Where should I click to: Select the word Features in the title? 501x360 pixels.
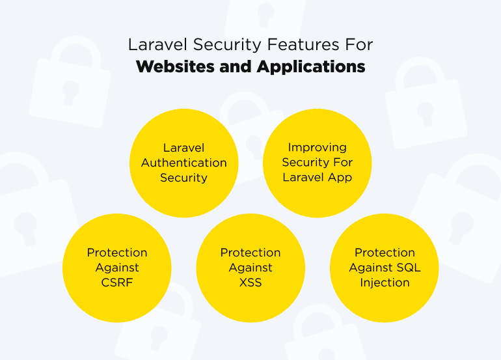282,45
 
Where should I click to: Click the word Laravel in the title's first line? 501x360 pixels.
154,45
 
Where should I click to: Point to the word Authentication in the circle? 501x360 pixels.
184,163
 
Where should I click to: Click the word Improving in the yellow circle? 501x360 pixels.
318,148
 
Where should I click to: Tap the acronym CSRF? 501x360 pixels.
117,283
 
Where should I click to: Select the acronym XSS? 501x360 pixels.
251,283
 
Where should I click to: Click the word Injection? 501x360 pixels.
385,283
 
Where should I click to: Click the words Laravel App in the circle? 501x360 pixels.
318,178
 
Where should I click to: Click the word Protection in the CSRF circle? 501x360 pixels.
117,253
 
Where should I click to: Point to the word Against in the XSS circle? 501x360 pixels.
251,268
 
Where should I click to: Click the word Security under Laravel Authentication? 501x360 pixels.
184,178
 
